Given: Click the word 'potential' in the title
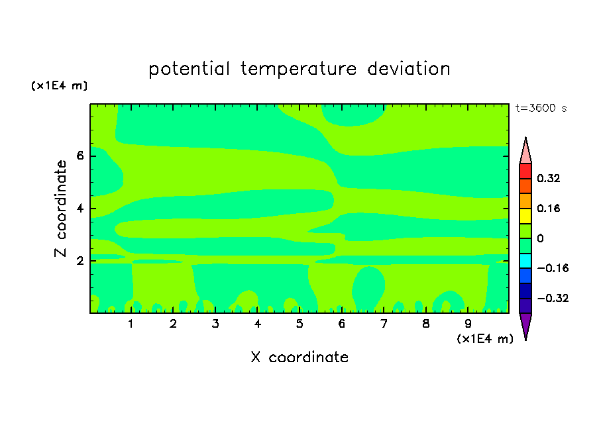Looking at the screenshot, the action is [x=189, y=70].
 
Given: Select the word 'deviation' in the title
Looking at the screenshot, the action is [x=409, y=68].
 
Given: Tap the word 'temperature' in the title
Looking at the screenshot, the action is [x=299, y=70].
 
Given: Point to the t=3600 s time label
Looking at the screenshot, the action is [x=541, y=108].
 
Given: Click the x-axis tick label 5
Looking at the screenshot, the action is [x=299, y=324].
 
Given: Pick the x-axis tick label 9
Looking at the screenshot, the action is [x=468, y=324].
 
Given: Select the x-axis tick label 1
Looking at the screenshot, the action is [x=131, y=324].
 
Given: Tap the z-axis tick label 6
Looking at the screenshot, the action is [x=80, y=156].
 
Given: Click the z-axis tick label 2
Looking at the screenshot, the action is [x=80, y=261].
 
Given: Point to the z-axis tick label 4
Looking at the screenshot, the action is [x=80, y=209].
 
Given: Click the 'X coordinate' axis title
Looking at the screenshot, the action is [x=299, y=357].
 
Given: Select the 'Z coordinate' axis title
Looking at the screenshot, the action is [x=61, y=209].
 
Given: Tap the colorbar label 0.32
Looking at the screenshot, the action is [x=549, y=178].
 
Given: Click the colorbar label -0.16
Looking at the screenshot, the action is [x=553, y=268].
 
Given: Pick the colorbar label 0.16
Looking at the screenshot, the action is [x=549, y=208].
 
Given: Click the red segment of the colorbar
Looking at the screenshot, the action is [x=525, y=171].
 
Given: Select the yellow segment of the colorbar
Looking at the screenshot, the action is [x=525, y=216].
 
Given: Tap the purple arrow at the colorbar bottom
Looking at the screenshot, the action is [x=525, y=325].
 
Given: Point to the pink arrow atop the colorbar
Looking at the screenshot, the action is [x=525, y=152].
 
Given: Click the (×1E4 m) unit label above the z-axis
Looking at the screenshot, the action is [x=59, y=85].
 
